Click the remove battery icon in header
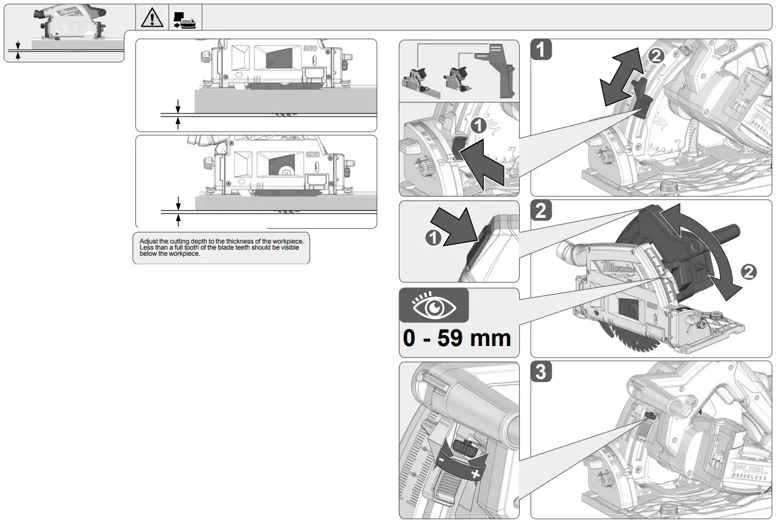(x=185, y=19)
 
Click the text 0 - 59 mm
(x=457, y=337)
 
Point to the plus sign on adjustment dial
(x=476, y=474)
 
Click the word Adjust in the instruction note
(x=148, y=242)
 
